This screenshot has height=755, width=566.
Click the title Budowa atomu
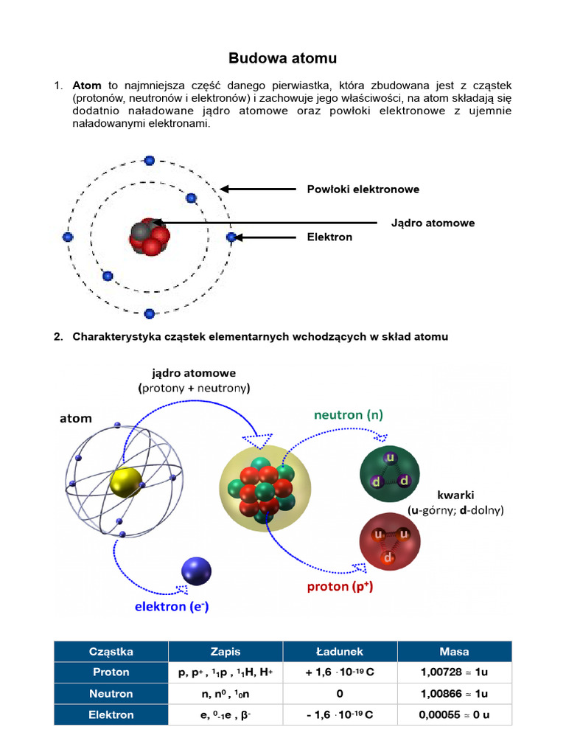(282, 58)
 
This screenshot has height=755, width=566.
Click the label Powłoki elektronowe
(363, 189)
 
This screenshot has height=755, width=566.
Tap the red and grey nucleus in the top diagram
(150, 236)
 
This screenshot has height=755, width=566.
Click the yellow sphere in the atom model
(125, 483)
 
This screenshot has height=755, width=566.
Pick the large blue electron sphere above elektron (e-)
(196, 571)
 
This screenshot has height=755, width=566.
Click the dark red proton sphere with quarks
(388, 543)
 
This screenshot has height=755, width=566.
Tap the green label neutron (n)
(349, 415)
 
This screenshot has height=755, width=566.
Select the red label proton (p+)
(340, 588)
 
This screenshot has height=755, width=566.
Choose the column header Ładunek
(340, 652)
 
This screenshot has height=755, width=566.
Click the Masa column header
(454, 652)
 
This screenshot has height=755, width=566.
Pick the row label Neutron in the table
(111, 694)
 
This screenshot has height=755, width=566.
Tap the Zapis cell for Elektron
(226, 714)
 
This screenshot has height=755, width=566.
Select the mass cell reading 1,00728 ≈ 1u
(454, 672)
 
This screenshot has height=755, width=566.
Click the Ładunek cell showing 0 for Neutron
(340, 694)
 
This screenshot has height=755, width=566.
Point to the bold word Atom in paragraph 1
(87, 86)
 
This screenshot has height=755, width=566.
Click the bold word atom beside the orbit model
(76, 418)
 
